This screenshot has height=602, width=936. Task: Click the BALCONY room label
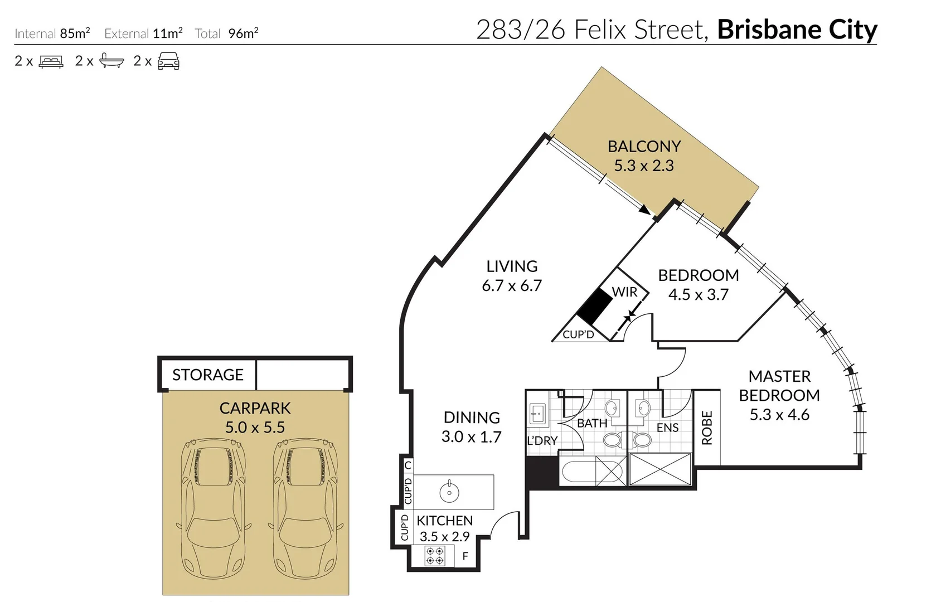[644, 147]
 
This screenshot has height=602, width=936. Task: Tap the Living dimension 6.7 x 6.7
[512, 285]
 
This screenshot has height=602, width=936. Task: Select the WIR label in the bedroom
[624, 292]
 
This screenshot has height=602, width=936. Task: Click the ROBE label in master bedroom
[707, 428]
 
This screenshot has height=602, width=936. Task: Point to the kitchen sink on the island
[449, 492]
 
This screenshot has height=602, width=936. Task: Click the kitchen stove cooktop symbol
[434, 556]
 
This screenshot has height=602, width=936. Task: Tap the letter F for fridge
[465, 556]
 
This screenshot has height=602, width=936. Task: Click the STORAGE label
[207, 375]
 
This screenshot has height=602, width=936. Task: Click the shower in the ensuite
[660, 469]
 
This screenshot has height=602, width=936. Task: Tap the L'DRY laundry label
[542, 441]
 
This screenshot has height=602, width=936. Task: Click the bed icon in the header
[51, 61]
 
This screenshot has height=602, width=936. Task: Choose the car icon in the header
[168, 61]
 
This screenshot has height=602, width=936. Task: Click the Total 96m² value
[243, 33]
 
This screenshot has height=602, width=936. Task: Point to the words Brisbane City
[797, 30]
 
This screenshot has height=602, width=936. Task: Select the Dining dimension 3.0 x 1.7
[471, 437]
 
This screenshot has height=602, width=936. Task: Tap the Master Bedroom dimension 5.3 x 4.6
[779, 415]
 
